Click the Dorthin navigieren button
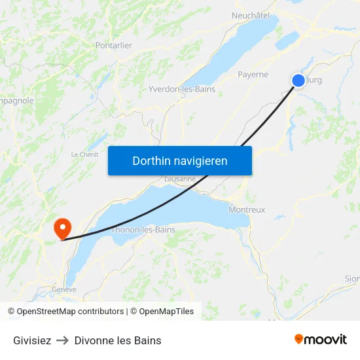(x=179, y=160)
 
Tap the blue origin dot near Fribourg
(x=298, y=81)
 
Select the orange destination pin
(x=63, y=228)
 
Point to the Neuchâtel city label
(x=251, y=15)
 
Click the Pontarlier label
(x=114, y=45)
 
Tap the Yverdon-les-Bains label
(x=182, y=89)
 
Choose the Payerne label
(x=253, y=75)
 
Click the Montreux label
(x=247, y=210)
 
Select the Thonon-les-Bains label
(x=143, y=230)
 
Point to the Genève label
(x=65, y=289)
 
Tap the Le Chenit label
(x=85, y=154)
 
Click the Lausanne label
(x=180, y=179)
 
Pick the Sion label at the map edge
(x=351, y=278)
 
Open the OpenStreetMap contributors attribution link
(x=65, y=312)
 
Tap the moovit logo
(x=321, y=339)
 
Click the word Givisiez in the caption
(x=32, y=340)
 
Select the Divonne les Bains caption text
(x=118, y=340)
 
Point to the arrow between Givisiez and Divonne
(x=63, y=340)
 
